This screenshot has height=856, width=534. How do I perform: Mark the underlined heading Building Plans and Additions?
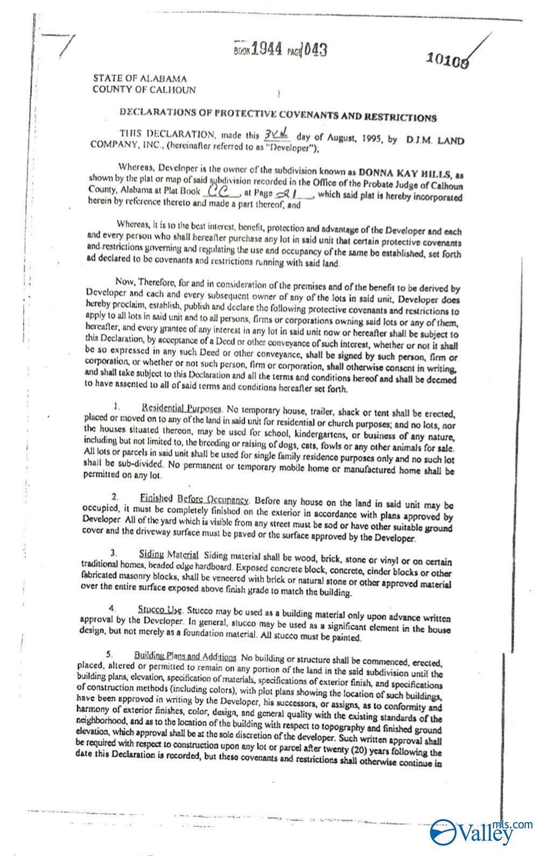[x=185, y=657]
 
